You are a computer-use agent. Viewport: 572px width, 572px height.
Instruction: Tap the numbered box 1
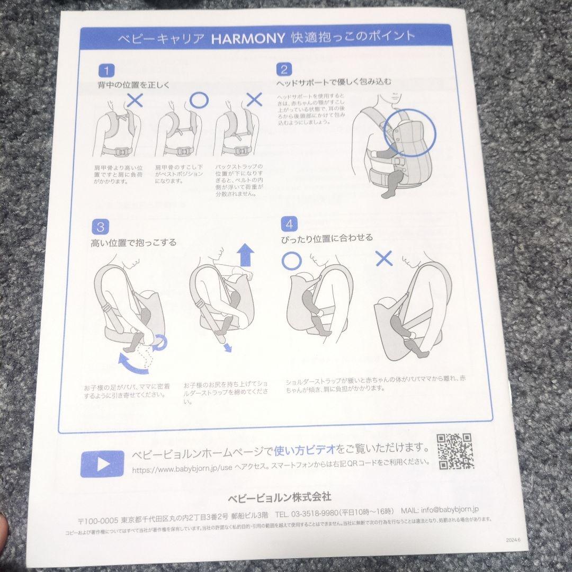tap(106, 70)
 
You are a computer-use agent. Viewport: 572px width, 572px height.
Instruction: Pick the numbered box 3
tap(101, 227)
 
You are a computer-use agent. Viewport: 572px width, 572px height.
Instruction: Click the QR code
tap(455, 451)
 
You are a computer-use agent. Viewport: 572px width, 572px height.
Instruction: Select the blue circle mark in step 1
tap(199, 100)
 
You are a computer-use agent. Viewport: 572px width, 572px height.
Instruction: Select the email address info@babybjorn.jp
tap(450, 510)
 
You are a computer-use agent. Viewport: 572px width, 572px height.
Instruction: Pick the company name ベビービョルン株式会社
tap(279, 497)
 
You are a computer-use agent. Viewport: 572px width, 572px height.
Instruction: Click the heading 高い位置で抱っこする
tap(133, 243)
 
